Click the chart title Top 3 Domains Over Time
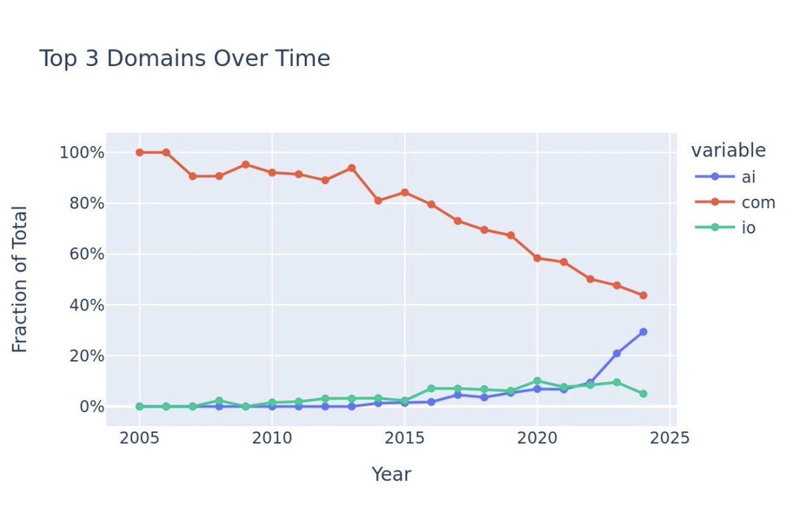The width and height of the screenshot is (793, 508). [184, 59]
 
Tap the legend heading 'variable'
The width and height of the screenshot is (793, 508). [728, 151]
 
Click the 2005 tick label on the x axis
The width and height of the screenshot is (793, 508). [139, 438]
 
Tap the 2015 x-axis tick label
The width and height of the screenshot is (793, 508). [404, 438]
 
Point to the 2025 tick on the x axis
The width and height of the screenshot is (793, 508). [670, 438]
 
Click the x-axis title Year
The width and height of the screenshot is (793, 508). [391, 474]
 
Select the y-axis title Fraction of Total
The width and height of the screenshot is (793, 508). [20, 279]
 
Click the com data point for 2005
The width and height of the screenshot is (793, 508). [139, 153]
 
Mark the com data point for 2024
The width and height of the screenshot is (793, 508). [643, 295]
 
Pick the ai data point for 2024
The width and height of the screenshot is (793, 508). [643, 332]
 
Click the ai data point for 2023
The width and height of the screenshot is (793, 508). [617, 353]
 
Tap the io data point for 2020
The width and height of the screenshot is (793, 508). [537, 381]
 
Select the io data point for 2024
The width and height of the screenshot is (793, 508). [643, 394]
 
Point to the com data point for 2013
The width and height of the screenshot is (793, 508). [352, 168]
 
